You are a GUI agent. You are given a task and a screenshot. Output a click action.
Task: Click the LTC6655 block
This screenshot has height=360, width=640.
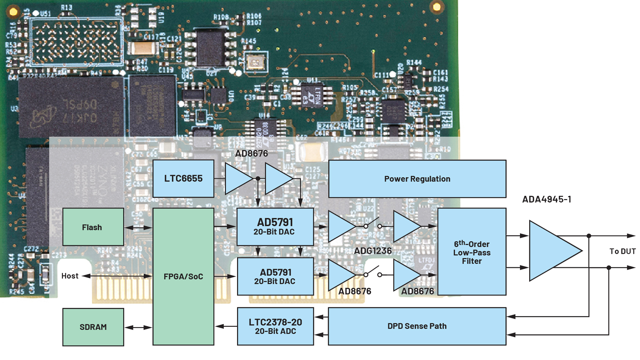point(183,179)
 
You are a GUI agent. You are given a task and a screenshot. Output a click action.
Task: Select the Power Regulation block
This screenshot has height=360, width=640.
point(417,179)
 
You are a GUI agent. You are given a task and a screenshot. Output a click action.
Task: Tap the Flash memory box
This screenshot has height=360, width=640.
point(93,227)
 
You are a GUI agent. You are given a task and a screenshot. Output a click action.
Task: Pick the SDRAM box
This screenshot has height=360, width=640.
point(93,327)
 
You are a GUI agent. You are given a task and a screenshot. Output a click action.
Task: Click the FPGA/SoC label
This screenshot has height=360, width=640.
point(183,277)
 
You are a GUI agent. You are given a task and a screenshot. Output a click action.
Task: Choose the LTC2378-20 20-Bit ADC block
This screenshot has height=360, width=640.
point(275,326)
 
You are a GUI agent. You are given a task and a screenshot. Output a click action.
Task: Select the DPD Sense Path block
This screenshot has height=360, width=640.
point(417,326)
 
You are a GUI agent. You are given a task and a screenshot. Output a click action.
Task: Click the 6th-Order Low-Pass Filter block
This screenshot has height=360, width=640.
point(472,252)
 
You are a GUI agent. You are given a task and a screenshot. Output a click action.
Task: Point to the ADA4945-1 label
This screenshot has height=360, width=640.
point(547,199)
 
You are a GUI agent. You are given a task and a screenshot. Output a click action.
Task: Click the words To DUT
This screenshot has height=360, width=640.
point(622,251)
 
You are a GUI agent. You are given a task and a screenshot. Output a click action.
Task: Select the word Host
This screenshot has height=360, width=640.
point(70,276)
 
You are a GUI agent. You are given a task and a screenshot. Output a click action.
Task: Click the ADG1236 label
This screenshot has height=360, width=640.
point(373,251)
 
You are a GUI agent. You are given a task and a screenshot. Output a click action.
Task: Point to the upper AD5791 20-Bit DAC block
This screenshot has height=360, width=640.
point(275,227)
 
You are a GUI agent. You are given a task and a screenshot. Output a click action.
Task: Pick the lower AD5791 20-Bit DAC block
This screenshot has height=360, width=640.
point(275,277)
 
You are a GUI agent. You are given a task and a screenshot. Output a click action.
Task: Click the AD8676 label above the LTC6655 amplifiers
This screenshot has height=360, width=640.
point(251,153)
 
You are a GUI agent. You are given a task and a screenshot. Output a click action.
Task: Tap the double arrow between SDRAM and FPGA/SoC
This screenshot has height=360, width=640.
point(138,327)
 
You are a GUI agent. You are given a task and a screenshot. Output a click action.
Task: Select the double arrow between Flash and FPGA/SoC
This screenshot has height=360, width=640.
point(138,227)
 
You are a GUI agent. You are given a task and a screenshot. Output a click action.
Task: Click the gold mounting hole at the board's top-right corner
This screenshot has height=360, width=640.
point(437,7)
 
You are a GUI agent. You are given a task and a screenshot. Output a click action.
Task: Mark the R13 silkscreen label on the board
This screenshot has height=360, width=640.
point(66,7)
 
